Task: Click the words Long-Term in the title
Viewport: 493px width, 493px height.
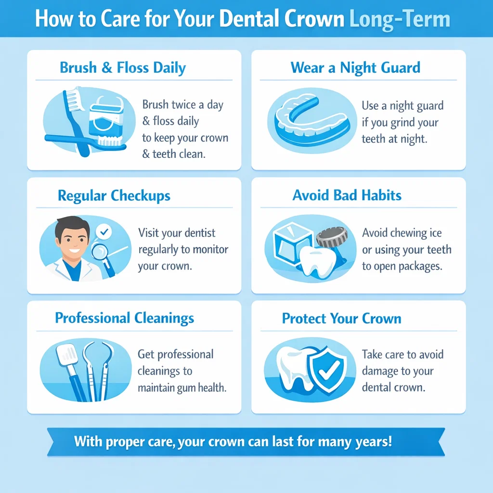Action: pyautogui.click(x=400, y=19)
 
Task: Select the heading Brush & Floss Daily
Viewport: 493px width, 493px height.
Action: pyautogui.click(x=123, y=68)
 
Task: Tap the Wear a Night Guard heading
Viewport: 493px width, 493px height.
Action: pyautogui.click(x=355, y=68)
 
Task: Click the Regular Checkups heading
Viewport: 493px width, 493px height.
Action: pyautogui.click(x=114, y=196)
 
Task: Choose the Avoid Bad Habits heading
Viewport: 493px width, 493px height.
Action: pyautogui.click(x=347, y=195)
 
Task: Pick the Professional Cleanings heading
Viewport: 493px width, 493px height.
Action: pyautogui.click(x=125, y=318)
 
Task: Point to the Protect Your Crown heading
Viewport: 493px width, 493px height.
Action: pyautogui.click(x=342, y=319)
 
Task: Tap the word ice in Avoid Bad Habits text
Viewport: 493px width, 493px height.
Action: pyautogui.click(x=435, y=234)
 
